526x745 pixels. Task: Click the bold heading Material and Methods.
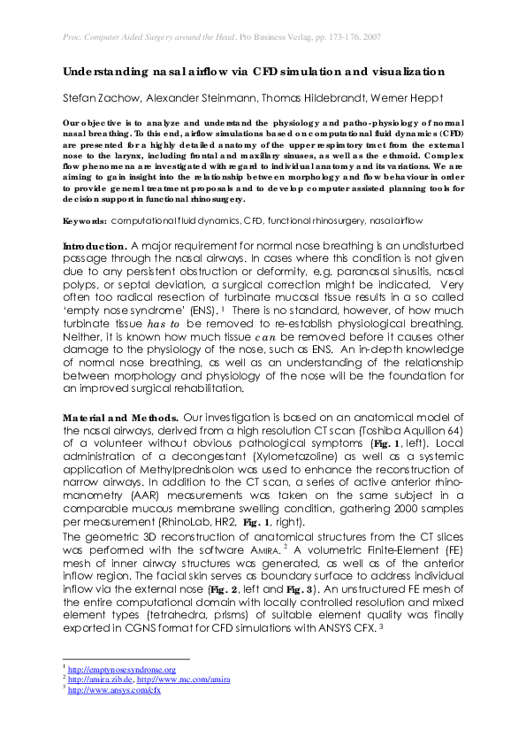[116, 417]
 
